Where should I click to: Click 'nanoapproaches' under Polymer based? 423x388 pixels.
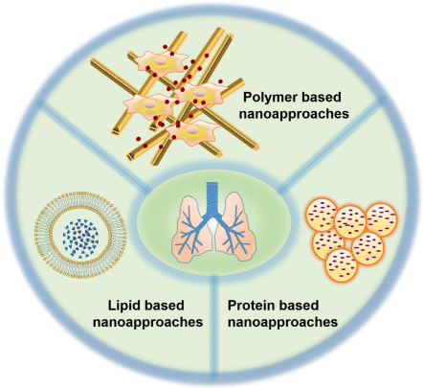294,114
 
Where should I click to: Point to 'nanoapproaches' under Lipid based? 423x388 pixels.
147,322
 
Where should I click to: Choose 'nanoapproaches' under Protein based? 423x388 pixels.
282,322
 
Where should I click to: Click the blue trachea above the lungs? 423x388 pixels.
211,199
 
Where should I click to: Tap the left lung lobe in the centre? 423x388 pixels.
190,227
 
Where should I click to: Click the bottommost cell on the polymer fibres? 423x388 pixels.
192,132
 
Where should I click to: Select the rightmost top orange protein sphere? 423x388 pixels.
381,219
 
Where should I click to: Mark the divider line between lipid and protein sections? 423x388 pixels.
214,325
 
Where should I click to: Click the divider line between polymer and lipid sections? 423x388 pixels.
93,147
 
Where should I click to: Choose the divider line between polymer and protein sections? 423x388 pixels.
332,146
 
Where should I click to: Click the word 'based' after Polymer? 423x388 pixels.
321,97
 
